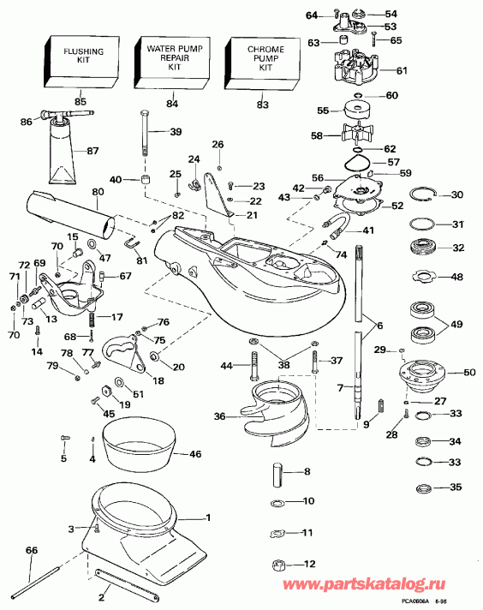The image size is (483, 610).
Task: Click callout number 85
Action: pos(80,102)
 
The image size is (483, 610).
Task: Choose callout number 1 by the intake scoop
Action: pos(206,517)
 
